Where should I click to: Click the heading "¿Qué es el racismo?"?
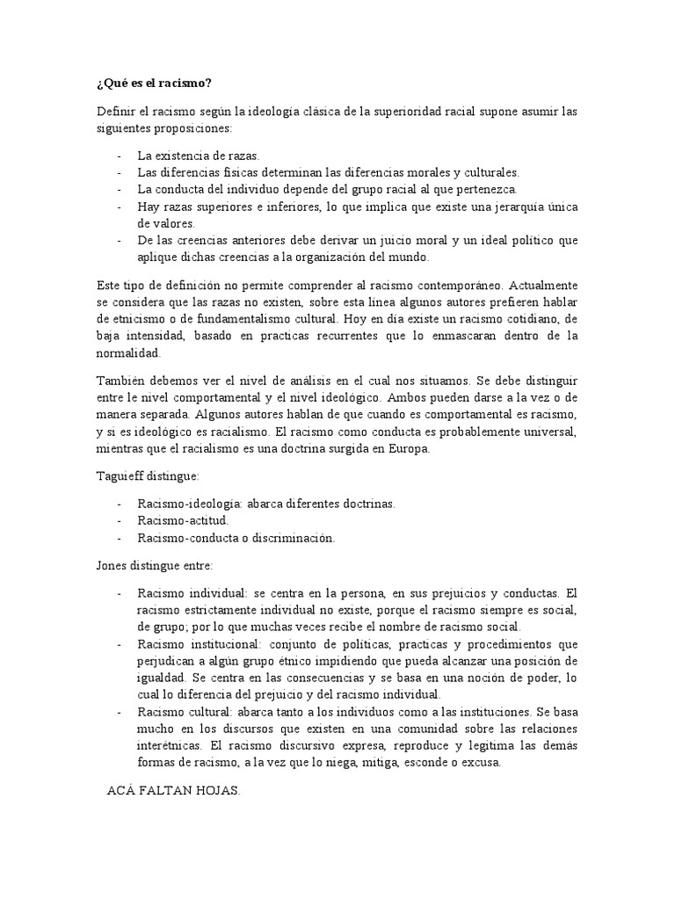pos(154,83)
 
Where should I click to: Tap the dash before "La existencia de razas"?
pos(119,156)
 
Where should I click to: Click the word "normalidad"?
pos(128,353)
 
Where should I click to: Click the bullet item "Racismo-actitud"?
pos(183,520)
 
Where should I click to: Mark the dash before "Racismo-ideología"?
pos(119,504)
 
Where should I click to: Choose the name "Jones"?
pos(113,564)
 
